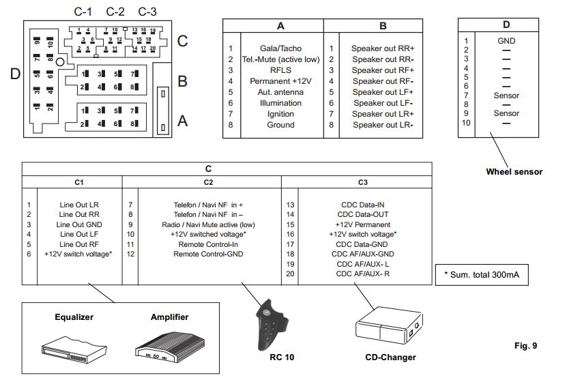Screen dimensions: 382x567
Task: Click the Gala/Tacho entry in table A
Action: coord(280,48)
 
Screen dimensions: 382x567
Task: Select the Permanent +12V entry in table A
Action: coord(280,81)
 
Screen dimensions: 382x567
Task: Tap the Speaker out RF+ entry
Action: coord(383,70)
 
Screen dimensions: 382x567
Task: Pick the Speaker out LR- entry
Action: coord(383,125)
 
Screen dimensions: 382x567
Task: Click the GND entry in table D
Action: coord(506,41)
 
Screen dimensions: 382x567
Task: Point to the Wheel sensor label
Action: coord(514,172)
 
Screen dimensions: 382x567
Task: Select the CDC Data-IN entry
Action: coord(362,204)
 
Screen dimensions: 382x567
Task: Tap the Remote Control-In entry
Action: coord(207,244)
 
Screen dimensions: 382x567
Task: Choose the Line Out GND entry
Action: coord(80,224)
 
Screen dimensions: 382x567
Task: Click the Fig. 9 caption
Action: coord(525,346)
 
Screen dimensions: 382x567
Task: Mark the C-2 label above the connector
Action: coord(115,12)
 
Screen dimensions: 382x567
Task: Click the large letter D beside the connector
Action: coord(15,74)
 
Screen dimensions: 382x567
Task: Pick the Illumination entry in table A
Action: coord(280,103)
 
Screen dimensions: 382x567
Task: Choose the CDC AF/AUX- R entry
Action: coord(362,273)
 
